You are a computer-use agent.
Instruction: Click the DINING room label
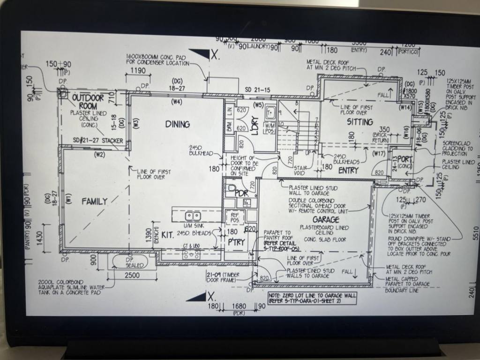pos(177,124)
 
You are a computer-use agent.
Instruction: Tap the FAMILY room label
pos(94,202)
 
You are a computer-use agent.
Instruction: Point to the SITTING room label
pos(360,122)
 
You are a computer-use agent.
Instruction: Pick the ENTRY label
pos(348,171)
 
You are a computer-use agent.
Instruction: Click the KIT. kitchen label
pos(168,234)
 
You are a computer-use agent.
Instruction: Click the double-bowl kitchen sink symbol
pos(193,217)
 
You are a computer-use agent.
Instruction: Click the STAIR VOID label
pos(300,169)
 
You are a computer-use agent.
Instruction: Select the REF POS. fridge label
pos(234,217)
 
